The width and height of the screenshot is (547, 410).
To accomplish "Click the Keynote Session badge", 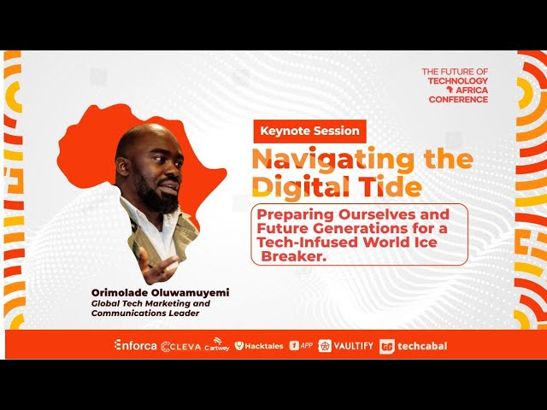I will [x=309, y=132].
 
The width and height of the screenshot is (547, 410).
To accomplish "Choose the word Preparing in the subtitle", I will [x=296, y=212].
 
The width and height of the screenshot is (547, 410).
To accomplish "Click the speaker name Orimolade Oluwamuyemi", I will [x=161, y=292].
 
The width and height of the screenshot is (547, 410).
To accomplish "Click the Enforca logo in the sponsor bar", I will [x=135, y=345].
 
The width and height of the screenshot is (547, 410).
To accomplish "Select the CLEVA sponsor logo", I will [x=180, y=346].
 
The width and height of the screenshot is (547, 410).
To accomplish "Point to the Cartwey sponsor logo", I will [x=217, y=346].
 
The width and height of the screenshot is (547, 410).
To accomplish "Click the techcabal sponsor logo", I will [x=414, y=346].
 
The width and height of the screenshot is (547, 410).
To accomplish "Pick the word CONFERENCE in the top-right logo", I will [x=459, y=100].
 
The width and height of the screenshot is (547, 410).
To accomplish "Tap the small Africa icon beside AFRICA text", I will [x=446, y=91].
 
